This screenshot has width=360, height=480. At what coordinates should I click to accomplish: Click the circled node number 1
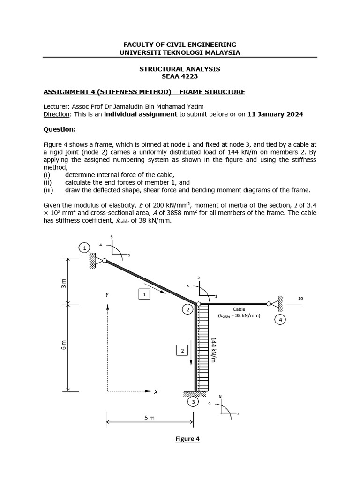84,247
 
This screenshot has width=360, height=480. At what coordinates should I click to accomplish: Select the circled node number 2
187,310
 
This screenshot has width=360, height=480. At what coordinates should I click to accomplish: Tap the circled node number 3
192,402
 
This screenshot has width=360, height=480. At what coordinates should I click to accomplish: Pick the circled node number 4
280,320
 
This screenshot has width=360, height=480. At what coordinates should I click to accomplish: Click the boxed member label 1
144,294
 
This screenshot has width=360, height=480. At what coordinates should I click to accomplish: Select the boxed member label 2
182,351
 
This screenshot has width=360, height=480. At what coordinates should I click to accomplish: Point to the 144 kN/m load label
213,349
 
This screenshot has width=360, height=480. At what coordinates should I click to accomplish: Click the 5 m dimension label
149,418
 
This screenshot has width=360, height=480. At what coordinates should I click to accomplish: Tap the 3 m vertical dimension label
65,283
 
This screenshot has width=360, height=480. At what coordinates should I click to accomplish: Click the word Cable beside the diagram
239,309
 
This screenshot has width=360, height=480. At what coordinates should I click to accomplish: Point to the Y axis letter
107,295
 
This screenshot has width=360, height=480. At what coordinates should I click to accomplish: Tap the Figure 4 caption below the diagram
187,439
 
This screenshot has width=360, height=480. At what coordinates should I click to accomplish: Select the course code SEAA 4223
180,76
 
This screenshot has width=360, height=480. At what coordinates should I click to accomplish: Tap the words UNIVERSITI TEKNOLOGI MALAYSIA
180,52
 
